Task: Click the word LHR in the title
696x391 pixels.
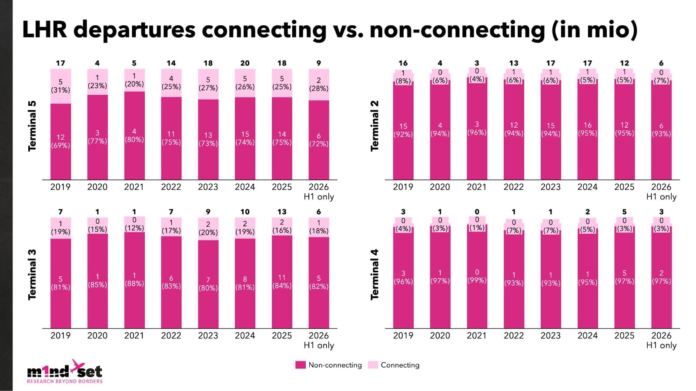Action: pyautogui.click(x=45, y=30)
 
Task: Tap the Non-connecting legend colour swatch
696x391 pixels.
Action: pyautogui.click(x=301, y=365)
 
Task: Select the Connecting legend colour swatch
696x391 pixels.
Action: pyautogui.click(x=373, y=365)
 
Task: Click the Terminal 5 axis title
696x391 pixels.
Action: pyautogui.click(x=32, y=126)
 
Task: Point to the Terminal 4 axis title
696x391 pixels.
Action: pyautogui.click(x=375, y=274)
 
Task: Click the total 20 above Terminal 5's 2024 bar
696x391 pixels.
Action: pyautogui.click(x=245, y=63)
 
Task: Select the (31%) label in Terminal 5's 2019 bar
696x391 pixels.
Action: pyautogui.click(x=60, y=90)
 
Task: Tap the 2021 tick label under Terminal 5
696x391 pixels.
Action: pyautogui.click(x=134, y=187)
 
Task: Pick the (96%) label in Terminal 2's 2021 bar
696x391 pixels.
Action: pyautogui.click(x=477, y=133)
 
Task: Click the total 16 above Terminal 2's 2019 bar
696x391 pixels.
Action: pyautogui.click(x=403, y=63)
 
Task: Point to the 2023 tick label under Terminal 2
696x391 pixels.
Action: pyautogui.click(x=551, y=187)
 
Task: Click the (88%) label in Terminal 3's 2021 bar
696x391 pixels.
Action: pyautogui.click(x=134, y=284)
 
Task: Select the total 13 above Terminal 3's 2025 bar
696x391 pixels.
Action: pyautogui.click(x=282, y=212)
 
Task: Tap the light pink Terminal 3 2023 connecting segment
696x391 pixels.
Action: pyautogui.click(x=208, y=229)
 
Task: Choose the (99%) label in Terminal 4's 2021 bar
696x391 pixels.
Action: pyautogui.click(x=477, y=280)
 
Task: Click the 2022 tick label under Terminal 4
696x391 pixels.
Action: pyautogui.click(x=514, y=335)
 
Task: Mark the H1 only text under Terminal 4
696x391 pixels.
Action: pyautogui.click(x=661, y=345)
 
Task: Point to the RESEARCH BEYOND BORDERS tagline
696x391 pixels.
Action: pyautogui.click(x=65, y=381)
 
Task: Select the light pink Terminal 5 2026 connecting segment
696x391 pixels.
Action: pyautogui.click(x=319, y=85)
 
